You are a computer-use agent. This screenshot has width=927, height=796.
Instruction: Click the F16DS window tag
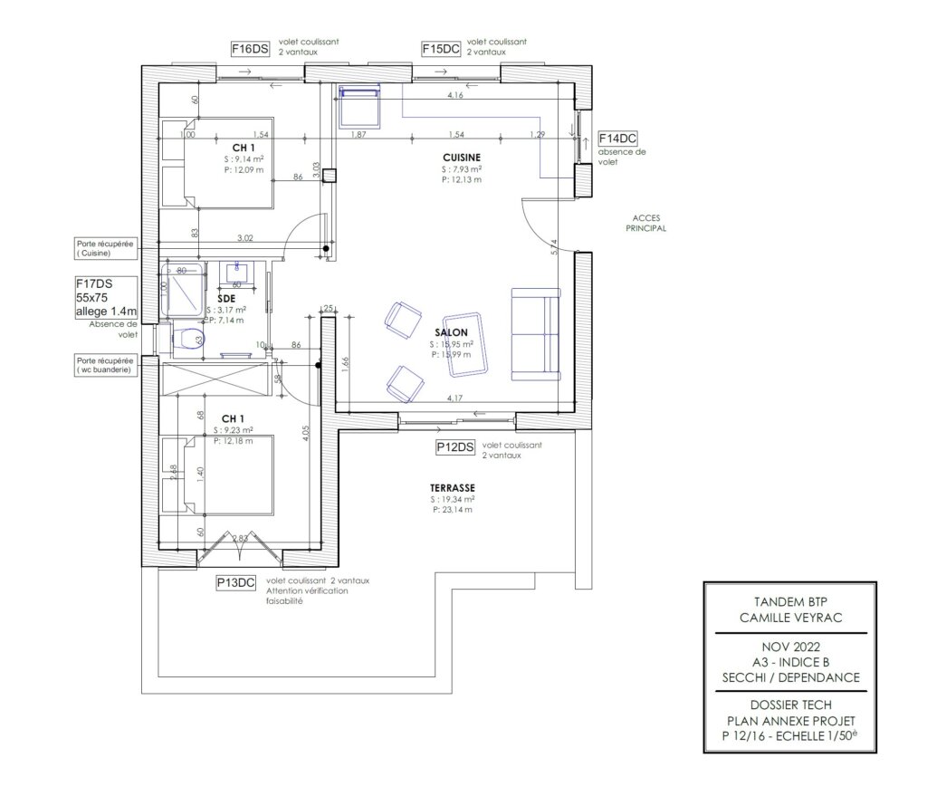pos(250,49)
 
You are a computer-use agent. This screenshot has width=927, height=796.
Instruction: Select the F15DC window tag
pos(441,49)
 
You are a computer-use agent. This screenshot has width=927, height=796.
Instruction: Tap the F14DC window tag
pos(618,139)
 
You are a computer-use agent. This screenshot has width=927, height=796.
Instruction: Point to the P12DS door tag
pos(455,447)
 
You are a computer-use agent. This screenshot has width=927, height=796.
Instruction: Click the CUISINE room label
pos(462,158)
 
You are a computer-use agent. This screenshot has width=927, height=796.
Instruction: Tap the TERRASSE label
pos(454,487)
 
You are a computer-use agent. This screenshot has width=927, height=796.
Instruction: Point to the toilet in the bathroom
pos(189,339)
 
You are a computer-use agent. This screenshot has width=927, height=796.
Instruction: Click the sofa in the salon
pos(535,333)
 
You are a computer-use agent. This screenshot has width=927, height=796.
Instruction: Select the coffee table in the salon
pos(465,342)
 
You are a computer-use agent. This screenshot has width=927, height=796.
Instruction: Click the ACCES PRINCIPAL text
pos(646,223)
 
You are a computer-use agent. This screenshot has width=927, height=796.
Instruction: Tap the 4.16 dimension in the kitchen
pos(455,95)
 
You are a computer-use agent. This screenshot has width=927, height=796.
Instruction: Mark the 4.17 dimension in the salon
pos(456,398)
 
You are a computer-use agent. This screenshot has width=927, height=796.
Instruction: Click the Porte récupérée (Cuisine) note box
pos(106,248)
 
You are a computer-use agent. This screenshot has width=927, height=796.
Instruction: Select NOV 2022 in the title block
pos(790,647)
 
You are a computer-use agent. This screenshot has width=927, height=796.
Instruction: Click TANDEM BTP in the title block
pos(790,601)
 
